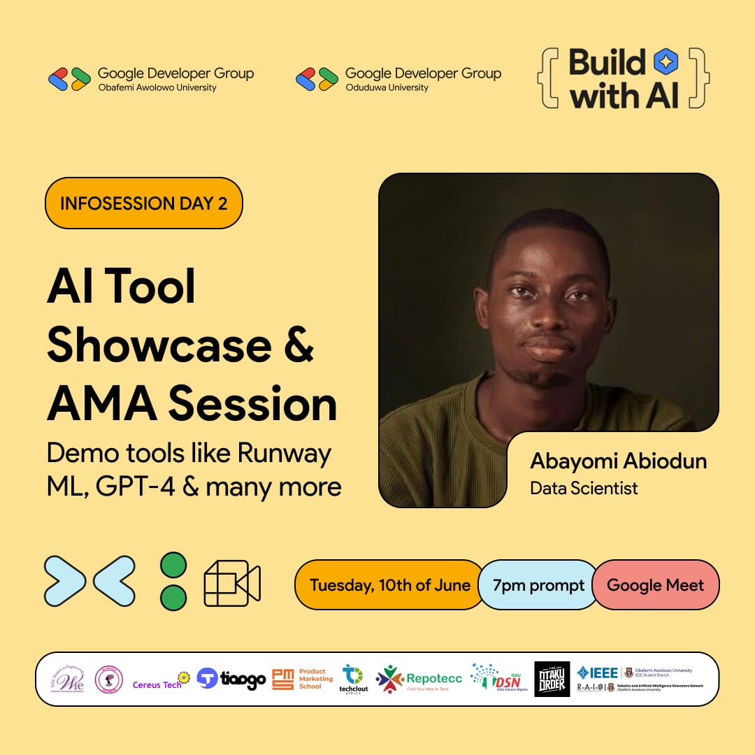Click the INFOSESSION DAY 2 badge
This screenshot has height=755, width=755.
143,203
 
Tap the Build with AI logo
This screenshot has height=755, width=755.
623,78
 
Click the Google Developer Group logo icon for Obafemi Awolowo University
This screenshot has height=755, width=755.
69,79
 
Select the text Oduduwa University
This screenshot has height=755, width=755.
387,87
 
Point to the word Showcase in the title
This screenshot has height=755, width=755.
159,345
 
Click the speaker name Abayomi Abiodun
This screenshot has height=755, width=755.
618,461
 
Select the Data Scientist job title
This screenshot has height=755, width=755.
584,488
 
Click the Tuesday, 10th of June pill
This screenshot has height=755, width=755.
389,585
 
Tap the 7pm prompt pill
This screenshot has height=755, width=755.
538,585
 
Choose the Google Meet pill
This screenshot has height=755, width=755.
655,585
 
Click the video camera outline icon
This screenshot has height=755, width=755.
232,583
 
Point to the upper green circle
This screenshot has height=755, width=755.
173,565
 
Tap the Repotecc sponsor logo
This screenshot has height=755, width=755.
419,679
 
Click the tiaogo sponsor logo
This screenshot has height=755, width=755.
231,679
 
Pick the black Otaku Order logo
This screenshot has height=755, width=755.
552,679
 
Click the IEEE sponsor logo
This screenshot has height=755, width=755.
598,673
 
